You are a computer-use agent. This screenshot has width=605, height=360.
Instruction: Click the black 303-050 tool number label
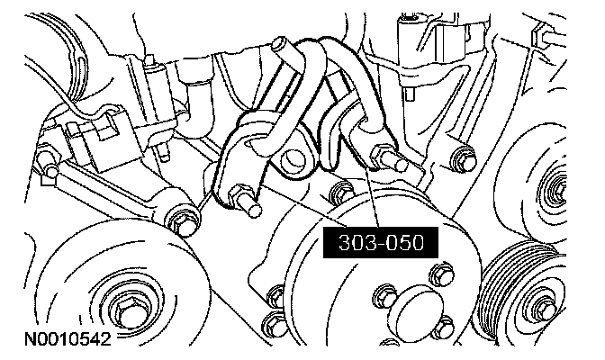[x=381, y=243]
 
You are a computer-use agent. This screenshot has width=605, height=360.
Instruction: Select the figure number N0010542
[x=68, y=339]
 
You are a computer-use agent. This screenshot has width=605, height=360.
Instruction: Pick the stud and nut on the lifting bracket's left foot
[x=245, y=200]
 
